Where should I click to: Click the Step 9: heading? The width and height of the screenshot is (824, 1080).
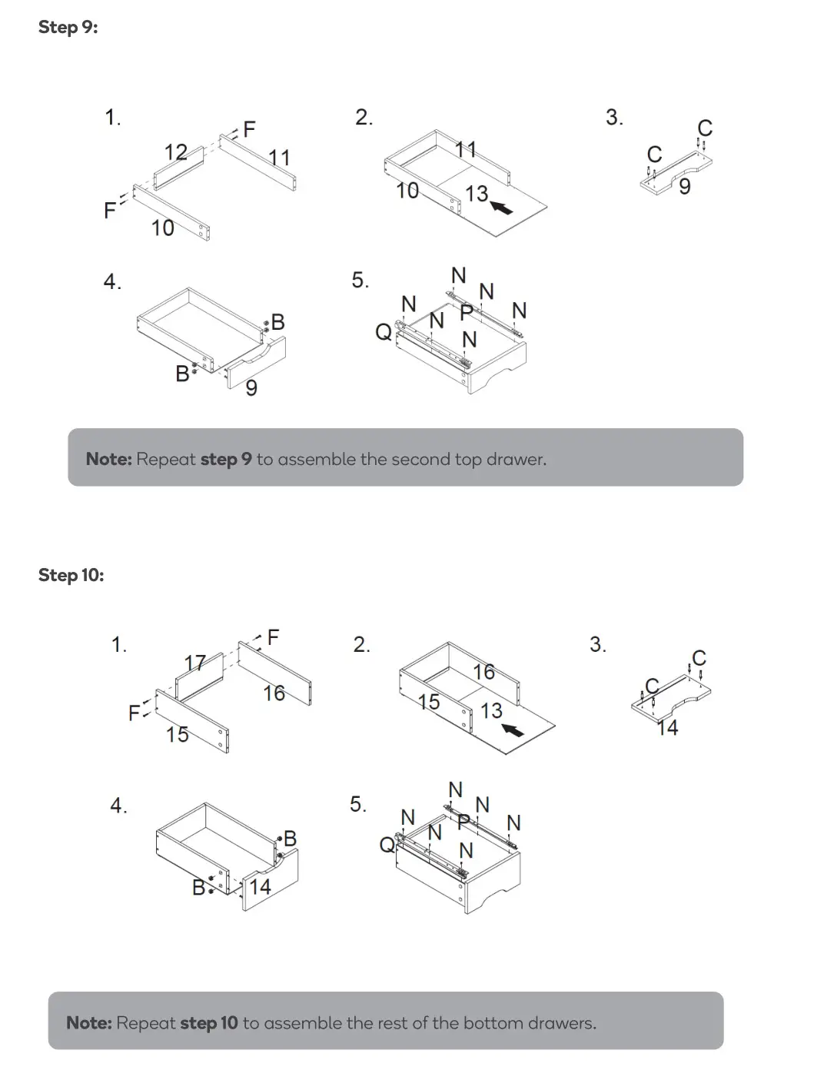68,28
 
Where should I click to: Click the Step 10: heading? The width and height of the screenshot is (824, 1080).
71,575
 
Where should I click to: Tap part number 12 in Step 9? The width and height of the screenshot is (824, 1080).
176,152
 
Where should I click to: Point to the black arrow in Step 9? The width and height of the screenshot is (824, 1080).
502,207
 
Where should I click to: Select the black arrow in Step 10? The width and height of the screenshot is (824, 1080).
513,728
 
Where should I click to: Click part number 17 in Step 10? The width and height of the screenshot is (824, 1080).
195,663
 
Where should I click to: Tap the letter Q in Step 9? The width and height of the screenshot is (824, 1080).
383,332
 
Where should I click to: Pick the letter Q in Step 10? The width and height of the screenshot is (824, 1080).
387,846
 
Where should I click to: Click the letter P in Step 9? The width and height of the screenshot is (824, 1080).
466,312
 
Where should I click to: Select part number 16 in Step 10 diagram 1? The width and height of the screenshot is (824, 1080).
274,693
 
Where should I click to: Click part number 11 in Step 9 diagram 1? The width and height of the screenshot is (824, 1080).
279,158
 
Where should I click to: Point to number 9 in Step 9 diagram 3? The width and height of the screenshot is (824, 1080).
684,187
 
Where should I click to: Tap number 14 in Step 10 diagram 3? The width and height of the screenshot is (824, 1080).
667,728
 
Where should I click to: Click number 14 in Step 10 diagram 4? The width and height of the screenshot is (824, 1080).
260,887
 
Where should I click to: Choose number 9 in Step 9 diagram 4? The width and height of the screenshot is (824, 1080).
251,388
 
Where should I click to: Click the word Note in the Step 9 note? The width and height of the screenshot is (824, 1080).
108,460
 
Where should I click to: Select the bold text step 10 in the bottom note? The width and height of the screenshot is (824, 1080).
208,1023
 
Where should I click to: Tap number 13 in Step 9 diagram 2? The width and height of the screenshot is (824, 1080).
477,193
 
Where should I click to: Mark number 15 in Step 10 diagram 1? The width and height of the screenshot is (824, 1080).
178,735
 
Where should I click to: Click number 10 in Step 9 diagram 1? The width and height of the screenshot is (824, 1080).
162,228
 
